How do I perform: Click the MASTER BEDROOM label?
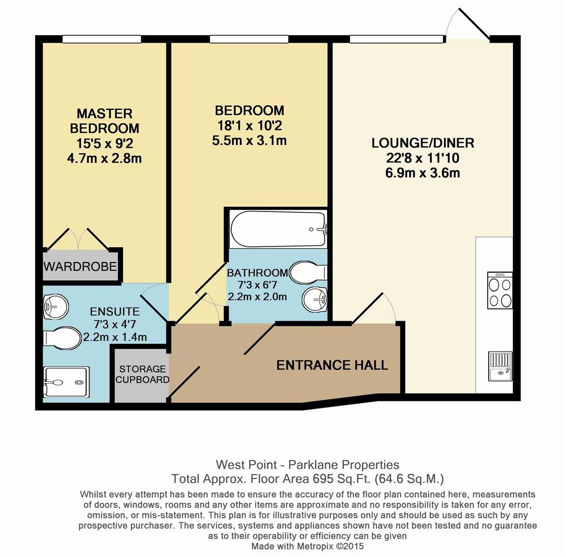[104, 120]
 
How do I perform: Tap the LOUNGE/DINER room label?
[423, 143]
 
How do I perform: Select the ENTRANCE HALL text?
[332, 365]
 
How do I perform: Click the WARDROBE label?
[80, 267]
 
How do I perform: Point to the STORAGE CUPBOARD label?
[142, 374]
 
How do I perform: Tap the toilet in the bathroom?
[308, 272]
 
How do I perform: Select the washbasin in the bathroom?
[314, 299]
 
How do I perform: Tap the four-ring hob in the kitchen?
[500, 290]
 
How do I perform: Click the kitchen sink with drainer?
[500, 366]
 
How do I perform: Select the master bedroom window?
[102, 39]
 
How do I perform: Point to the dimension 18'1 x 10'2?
[249, 125]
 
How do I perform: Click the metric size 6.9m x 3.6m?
[422, 173]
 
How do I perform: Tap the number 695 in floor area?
[322, 478]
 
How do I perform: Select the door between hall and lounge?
[374, 309]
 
